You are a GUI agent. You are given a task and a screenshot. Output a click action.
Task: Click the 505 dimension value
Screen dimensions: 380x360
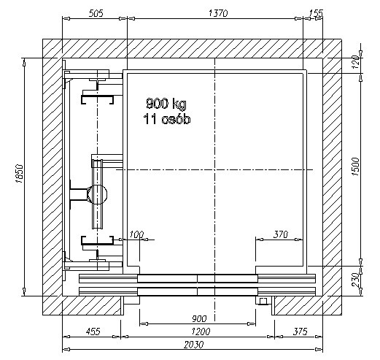point(96,13)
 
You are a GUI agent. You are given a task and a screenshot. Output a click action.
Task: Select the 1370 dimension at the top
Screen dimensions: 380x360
point(218,13)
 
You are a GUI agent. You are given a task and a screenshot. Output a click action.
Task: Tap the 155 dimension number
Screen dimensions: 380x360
point(316,13)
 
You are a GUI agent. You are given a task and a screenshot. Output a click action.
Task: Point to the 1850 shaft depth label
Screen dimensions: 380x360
point(19,174)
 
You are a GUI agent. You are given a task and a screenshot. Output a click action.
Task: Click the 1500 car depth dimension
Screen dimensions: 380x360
point(355,167)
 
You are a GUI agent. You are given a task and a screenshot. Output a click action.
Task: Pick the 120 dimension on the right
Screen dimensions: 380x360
point(355,62)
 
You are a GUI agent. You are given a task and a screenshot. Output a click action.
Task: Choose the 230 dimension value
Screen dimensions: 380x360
point(355,280)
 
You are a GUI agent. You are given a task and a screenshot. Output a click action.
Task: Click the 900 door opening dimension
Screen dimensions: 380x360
point(199,318)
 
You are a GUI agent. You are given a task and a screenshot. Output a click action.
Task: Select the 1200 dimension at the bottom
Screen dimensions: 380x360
point(201,332)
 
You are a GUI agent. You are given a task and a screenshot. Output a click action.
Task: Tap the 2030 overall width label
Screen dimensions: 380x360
point(193,345)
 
